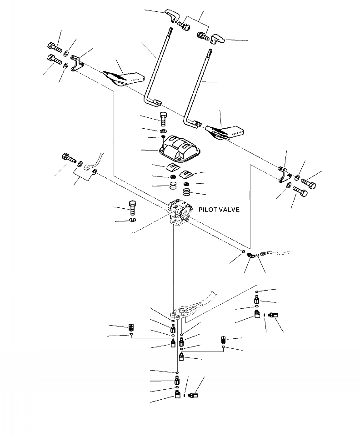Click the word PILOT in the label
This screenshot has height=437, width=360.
(x=208, y=210)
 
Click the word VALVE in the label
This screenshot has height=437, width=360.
(x=229, y=210)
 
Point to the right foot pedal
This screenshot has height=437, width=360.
(x=226, y=131)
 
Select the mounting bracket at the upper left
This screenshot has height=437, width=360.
(x=76, y=63)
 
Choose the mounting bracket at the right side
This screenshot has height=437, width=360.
(x=284, y=175)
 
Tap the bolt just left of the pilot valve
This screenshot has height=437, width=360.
(x=132, y=208)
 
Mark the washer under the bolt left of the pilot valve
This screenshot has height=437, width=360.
(x=132, y=220)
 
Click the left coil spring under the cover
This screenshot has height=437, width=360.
(x=172, y=186)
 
